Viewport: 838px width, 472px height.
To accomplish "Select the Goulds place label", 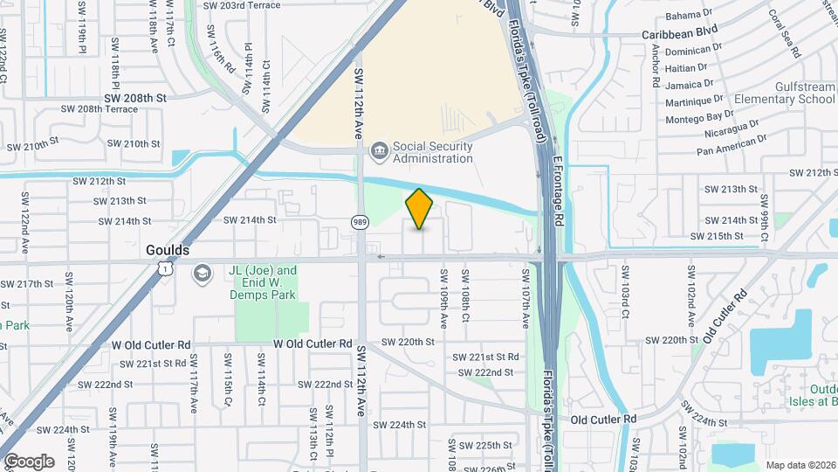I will pos(167,250).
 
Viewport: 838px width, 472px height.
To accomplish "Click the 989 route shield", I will pos(360,222).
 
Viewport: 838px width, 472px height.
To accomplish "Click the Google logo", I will pos(29,461).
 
